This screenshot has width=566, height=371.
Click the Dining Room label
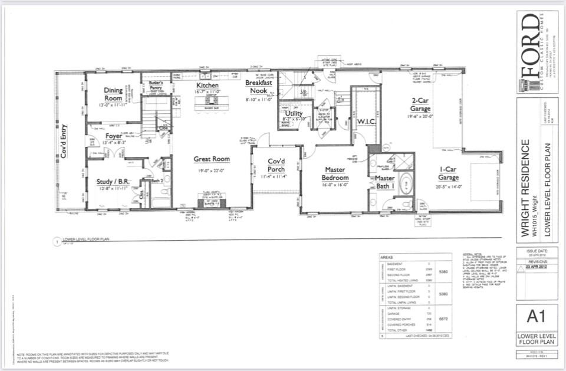coord(113,94)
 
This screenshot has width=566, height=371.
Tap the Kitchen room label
coord(208,86)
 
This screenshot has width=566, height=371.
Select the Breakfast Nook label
coord(259,87)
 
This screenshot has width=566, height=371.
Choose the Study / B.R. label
coord(112,181)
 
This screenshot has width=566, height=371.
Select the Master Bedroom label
coord(334,174)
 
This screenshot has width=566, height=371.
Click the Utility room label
coord(294,113)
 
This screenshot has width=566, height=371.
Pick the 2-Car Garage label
coord(421,104)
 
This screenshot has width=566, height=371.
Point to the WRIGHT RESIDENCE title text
coord(526,188)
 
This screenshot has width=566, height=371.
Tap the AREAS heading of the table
coord(387,258)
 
